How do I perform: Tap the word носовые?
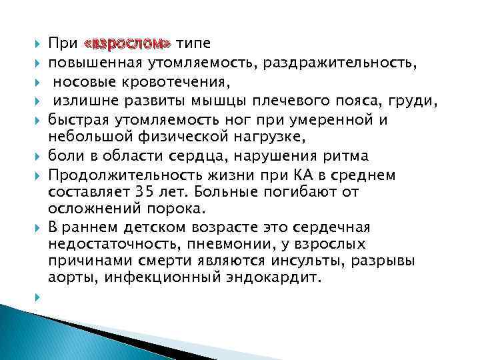tap(81, 83)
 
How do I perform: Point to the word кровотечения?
tap(172, 83)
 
